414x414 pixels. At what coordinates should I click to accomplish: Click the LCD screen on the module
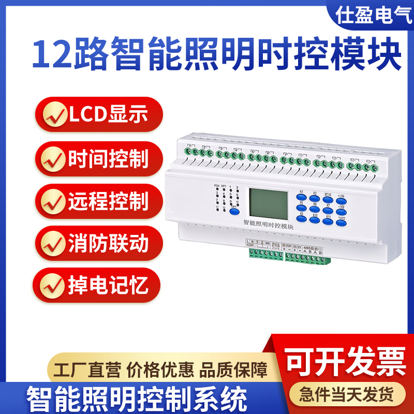pos(268,203)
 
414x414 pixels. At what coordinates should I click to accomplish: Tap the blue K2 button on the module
pos(315,199)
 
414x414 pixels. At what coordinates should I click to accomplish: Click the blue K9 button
pos(301,218)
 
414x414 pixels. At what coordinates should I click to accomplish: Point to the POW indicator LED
pos(217,189)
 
